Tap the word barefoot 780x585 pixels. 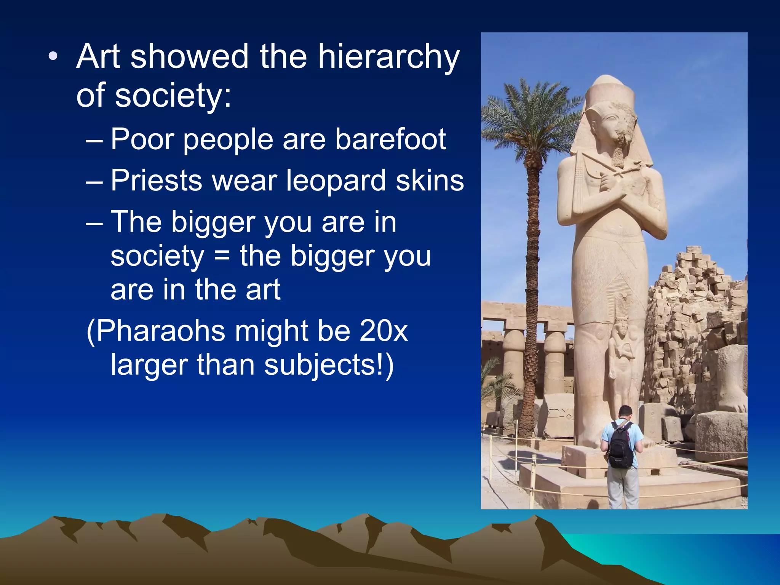coord(390,139)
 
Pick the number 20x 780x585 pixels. coord(384,331)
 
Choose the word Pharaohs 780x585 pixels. coord(160,331)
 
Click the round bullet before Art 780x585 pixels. coord(53,57)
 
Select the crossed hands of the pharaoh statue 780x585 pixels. coord(613,190)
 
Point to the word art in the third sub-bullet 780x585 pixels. coord(263,289)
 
